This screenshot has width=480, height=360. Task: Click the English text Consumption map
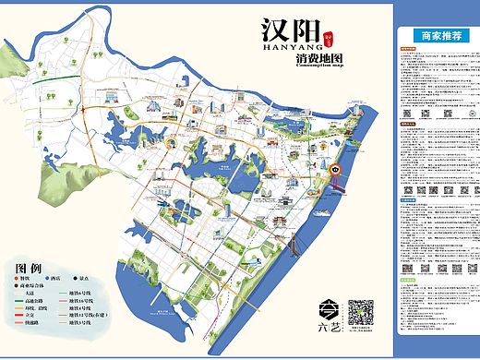(x=319, y=66)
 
